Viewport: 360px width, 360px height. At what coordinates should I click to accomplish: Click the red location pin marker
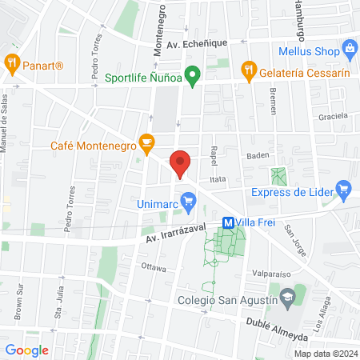(181, 163)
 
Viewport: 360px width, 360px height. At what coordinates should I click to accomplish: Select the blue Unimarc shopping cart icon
(188, 200)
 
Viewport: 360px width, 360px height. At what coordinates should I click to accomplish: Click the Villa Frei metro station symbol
(228, 223)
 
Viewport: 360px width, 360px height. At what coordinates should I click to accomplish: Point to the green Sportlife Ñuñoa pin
(192, 78)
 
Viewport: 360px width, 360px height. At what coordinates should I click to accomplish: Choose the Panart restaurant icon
(12, 62)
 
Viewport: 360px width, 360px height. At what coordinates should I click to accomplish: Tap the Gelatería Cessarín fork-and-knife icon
(250, 70)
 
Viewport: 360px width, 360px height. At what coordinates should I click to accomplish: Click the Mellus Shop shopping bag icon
(349, 50)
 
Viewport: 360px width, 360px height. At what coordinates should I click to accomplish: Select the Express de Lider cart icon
(345, 190)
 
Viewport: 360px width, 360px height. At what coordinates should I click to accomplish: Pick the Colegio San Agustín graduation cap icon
(286, 298)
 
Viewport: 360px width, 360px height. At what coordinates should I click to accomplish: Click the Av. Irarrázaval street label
(174, 234)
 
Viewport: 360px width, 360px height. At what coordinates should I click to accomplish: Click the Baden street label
(258, 155)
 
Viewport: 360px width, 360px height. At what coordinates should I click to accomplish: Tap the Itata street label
(219, 180)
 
